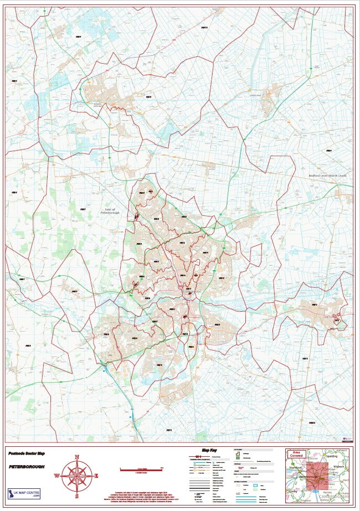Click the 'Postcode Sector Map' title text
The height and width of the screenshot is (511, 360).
point(27,453)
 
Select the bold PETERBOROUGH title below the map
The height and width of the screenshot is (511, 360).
point(27,467)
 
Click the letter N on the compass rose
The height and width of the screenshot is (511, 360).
point(77,457)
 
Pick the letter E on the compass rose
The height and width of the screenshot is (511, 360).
point(96,476)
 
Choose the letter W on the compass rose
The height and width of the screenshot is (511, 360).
point(57,476)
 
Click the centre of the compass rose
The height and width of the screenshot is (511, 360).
point(77,476)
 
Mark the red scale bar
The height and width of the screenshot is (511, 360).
point(141,469)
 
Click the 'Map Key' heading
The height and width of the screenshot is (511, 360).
point(209,450)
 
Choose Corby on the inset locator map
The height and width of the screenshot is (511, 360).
point(292,491)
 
